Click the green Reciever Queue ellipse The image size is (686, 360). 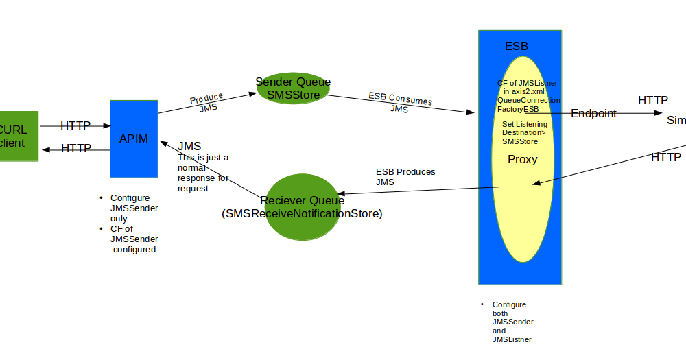click(x=302, y=207)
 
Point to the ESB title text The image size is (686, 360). click(x=517, y=47)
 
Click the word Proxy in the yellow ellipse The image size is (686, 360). click(x=522, y=160)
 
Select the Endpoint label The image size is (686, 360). click(x=593, y=114)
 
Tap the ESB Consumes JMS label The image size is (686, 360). click(x=400, y=104)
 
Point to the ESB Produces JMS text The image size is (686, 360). click(x=405, y=177)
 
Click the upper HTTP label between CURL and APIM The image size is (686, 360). click(x=75, y=125)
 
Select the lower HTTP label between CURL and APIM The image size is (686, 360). click(x=75, y=148)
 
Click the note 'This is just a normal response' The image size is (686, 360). click(x=202, y=173)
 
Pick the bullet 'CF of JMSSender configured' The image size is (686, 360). click(x=134, y=239)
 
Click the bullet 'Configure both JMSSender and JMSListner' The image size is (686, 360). click(x=512, y=322)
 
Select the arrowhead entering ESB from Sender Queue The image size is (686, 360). click(x=471, y=111)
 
